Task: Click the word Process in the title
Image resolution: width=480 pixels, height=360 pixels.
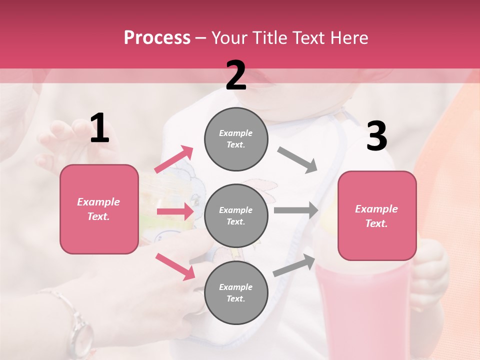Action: tap(157, 38)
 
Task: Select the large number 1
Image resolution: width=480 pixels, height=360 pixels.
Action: tap(99, 128)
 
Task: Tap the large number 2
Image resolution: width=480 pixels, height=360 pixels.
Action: tap(236, 75)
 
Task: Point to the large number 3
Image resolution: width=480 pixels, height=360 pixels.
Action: tap(376, 136)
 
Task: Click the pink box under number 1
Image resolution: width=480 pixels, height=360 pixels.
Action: tap(99, 209)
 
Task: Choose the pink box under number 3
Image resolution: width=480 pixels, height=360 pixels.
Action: tap(377, 216)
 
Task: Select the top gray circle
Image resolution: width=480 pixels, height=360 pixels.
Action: tap(236, 139)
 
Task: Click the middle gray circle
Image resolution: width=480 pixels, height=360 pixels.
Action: tap(236, 215)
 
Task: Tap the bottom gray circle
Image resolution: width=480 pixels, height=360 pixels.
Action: tap(236, 292)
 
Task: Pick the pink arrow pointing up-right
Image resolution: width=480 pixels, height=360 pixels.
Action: tap(174, 159)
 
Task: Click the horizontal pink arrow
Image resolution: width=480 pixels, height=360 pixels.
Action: tap(175, 212)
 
